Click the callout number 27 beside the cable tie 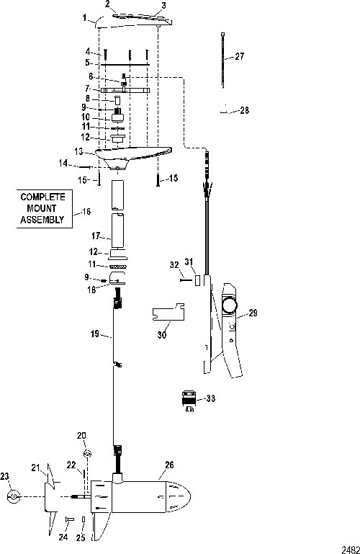coord(239,56)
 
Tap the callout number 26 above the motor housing coord(169,465)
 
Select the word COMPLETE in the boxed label coord(43,197)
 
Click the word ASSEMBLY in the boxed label coord(42,220)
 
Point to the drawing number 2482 coord(351,550)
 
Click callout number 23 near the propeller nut coord(4,477)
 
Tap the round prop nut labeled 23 coord(14,497)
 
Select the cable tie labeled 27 coord(223,60)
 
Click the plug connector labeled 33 coord(189,401)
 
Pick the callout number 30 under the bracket coord(162,334)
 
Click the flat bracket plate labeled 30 coord(168,312)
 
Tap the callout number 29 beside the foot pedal coord(253,313)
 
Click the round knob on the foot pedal coord(230,304)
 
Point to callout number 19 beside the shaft coord(95,334)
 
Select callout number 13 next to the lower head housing coord(78,151)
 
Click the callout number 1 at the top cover coord(85,17)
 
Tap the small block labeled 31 coord(198,280)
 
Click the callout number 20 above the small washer coord(81,436)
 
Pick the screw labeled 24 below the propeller coord(69,519)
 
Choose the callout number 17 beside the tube coord(96,236)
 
